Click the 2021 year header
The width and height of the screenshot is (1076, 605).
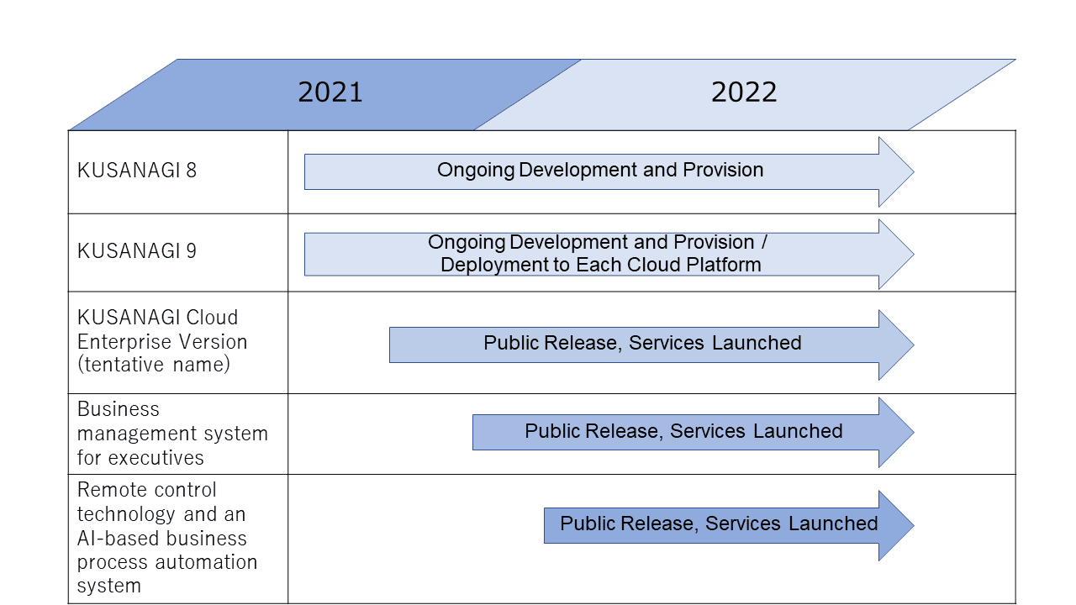330,92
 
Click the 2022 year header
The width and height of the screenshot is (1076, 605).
744,92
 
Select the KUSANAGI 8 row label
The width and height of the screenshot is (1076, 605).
137,171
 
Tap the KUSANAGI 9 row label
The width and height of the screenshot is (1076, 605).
137,251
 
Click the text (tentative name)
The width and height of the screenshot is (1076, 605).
154,365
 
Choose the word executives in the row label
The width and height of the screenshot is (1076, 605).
156,458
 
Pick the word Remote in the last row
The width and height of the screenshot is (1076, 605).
106,490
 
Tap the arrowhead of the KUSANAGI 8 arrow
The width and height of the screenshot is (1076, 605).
894,172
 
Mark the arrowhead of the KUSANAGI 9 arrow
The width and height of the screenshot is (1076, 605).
894,255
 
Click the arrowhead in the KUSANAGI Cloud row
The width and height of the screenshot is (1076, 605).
894,345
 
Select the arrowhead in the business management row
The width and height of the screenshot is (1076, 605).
894,432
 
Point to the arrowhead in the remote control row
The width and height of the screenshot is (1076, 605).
894,525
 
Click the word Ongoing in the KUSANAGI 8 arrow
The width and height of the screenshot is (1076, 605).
476,171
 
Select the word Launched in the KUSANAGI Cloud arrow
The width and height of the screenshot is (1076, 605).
757,343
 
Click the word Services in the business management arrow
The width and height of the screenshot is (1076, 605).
708,431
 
